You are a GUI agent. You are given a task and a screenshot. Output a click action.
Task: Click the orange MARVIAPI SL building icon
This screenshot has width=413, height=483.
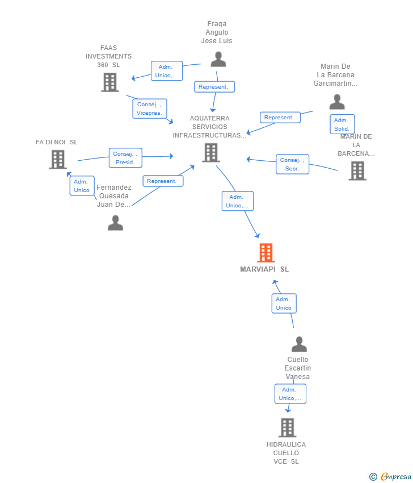(265, 253)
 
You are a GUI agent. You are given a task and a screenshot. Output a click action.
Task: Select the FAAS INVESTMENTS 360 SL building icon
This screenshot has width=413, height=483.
(109, 82)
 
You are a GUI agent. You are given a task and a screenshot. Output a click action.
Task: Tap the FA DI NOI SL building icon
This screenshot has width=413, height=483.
(58, 160)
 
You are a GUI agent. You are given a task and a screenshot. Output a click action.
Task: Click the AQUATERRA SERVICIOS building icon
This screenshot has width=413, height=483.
(210, 152)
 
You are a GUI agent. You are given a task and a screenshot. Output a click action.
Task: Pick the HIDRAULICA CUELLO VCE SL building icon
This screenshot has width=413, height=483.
(288, 428)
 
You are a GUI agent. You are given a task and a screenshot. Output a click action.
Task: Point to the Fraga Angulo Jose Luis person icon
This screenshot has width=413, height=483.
(218, 59)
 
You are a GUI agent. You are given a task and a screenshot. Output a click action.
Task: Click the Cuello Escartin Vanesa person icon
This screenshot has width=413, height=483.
(299, 344)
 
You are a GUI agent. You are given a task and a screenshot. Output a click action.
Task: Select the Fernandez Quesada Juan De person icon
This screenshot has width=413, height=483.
(115, 223)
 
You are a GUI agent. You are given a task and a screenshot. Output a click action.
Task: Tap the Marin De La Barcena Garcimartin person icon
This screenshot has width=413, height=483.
(337, 102)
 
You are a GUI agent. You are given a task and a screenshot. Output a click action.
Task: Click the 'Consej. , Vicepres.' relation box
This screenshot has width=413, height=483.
(150, 109)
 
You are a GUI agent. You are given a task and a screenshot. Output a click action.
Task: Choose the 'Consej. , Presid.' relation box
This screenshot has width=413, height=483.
(125, 158)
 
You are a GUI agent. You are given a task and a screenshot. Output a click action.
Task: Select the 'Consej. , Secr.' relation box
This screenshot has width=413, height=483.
(292, 164)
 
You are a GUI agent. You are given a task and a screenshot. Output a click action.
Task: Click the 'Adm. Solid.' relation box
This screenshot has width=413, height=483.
(342, 124)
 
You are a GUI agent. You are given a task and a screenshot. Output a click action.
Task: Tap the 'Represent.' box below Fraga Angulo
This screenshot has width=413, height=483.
(214, 87)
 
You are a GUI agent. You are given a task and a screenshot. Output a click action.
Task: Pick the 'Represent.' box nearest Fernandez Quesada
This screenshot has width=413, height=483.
(163, 181)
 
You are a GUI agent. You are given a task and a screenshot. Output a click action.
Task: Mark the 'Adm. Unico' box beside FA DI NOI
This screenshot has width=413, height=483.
(82, 186)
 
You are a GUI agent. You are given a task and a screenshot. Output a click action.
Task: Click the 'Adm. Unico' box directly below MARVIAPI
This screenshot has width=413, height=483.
(284, 303)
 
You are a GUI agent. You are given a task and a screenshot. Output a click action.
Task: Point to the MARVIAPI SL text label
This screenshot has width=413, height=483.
(264, 269)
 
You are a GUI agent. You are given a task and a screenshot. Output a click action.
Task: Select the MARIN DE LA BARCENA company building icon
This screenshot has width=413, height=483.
(357, 170)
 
